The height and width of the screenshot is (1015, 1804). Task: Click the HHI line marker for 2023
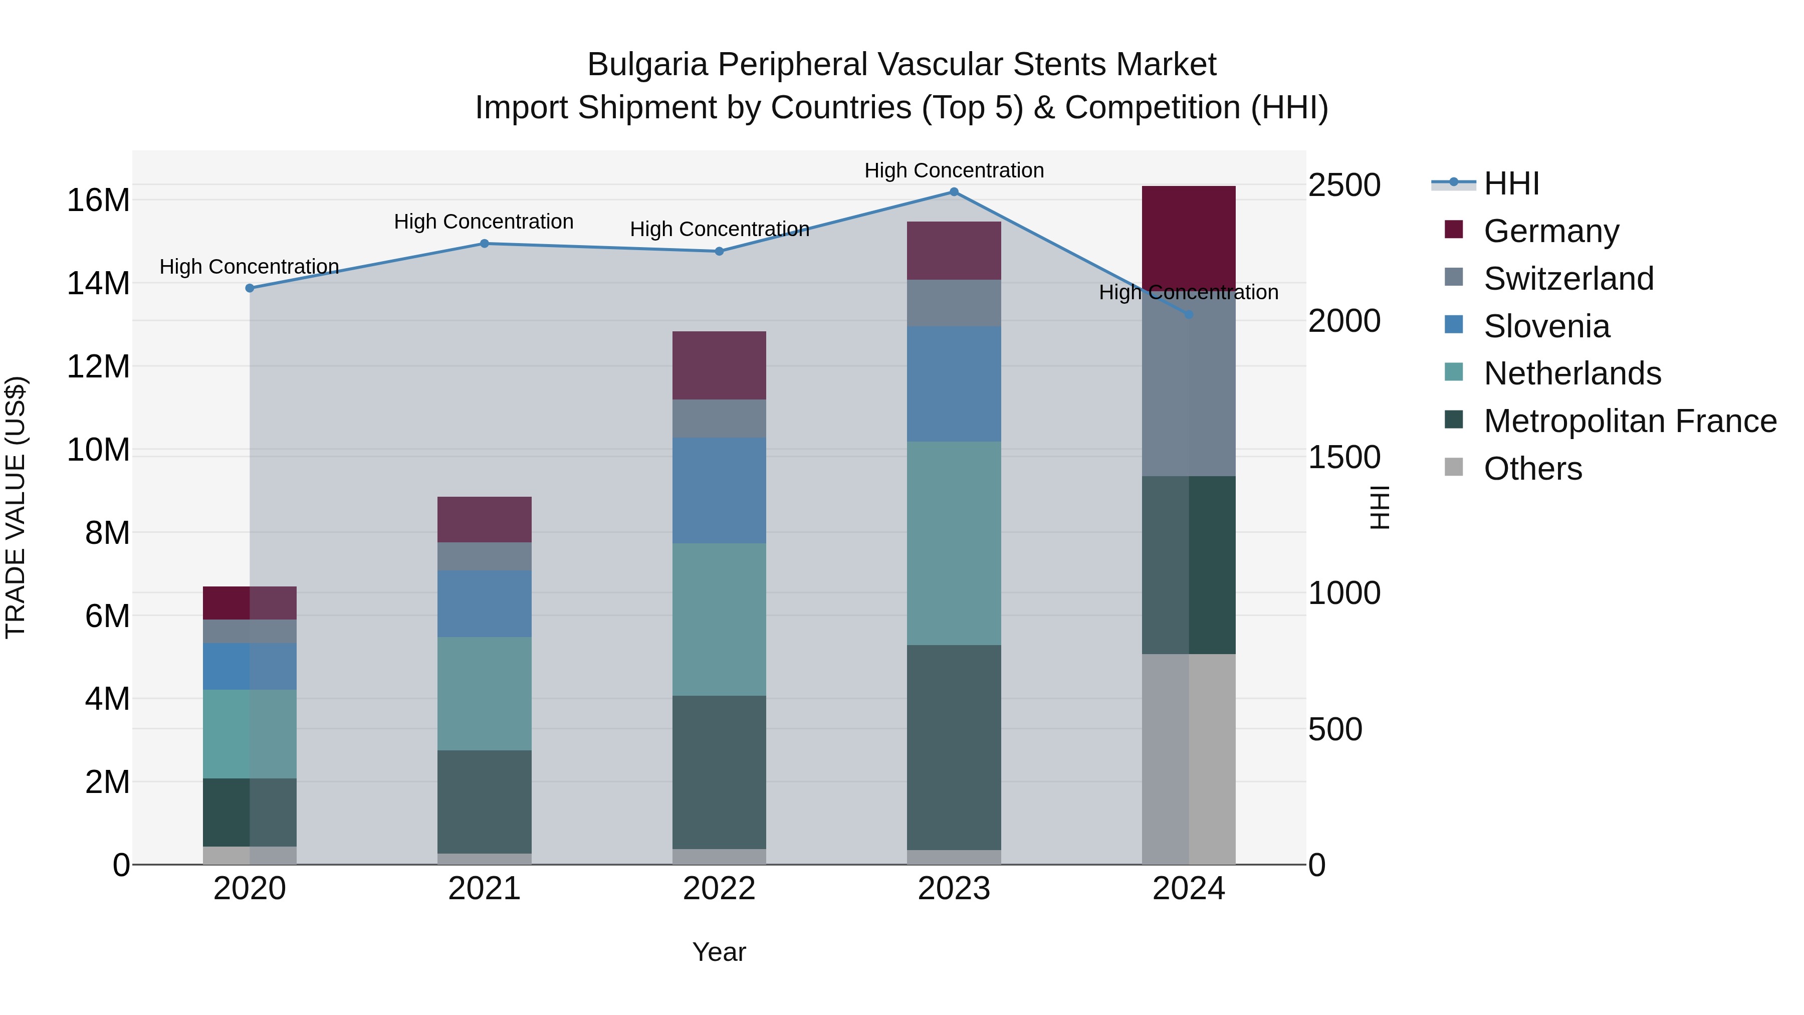point(954,191)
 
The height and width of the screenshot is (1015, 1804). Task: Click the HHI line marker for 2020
point(250,288)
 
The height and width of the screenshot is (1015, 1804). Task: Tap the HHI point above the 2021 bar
point(484,243)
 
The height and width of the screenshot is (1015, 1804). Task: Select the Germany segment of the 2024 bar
point(1189,235)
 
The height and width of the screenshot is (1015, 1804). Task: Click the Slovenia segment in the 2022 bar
point(719,490)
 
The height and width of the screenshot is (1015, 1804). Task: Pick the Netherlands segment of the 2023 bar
point(954,543)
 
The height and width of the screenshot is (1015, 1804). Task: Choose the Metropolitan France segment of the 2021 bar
point(484,801)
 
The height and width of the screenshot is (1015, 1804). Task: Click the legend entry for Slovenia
point(1546,326)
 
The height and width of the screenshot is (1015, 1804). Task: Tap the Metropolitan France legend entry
point(1630,421)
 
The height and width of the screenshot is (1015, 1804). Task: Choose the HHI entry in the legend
point(1510,183)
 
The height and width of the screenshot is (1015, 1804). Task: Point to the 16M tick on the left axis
point(98,200)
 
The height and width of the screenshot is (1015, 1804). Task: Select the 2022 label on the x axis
point(719,889)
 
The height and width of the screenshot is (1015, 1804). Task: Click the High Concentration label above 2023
point(954,170)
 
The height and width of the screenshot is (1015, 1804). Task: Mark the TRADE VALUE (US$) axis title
point(16,507)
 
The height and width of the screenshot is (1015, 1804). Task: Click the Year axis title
point(719,952)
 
